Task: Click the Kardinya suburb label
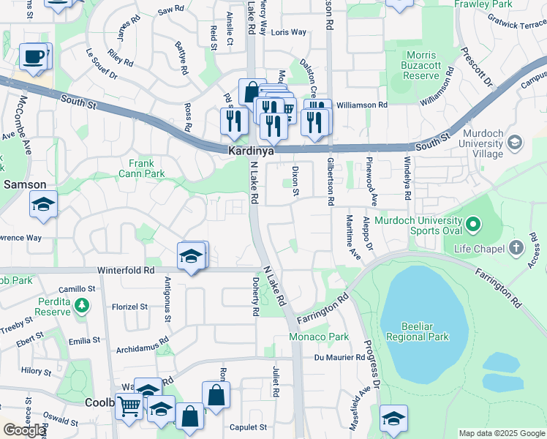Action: pyautogui.click(x=251, y=150)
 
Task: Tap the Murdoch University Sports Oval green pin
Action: pyautogui.click(x=472, y=223)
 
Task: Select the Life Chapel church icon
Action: pyautogui.click(x=517, y=247)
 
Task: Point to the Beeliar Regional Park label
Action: pyautogui.click(x=424, y=332)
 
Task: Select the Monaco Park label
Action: pyautogui.click(x=318, y=337)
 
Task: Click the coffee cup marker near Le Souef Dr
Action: pyautogui.click(x=34, y=57)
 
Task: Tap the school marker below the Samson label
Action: pyautogui.click(x=43, y=204)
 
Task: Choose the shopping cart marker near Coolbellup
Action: pyautogui.click(x=129, y=405)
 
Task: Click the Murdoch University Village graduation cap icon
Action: pyautogui.click(x=513, y=141)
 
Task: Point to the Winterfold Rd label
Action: pyautogui.click(x=127, y=270)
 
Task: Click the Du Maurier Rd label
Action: pyautogui.click(x=339, y=358)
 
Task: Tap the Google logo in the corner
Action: pyautogui.click(x=24, y=430)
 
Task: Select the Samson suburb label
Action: pyautogui.click(x=25, y=185)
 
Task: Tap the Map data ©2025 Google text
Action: pyautogui.click(x=501, y=433)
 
